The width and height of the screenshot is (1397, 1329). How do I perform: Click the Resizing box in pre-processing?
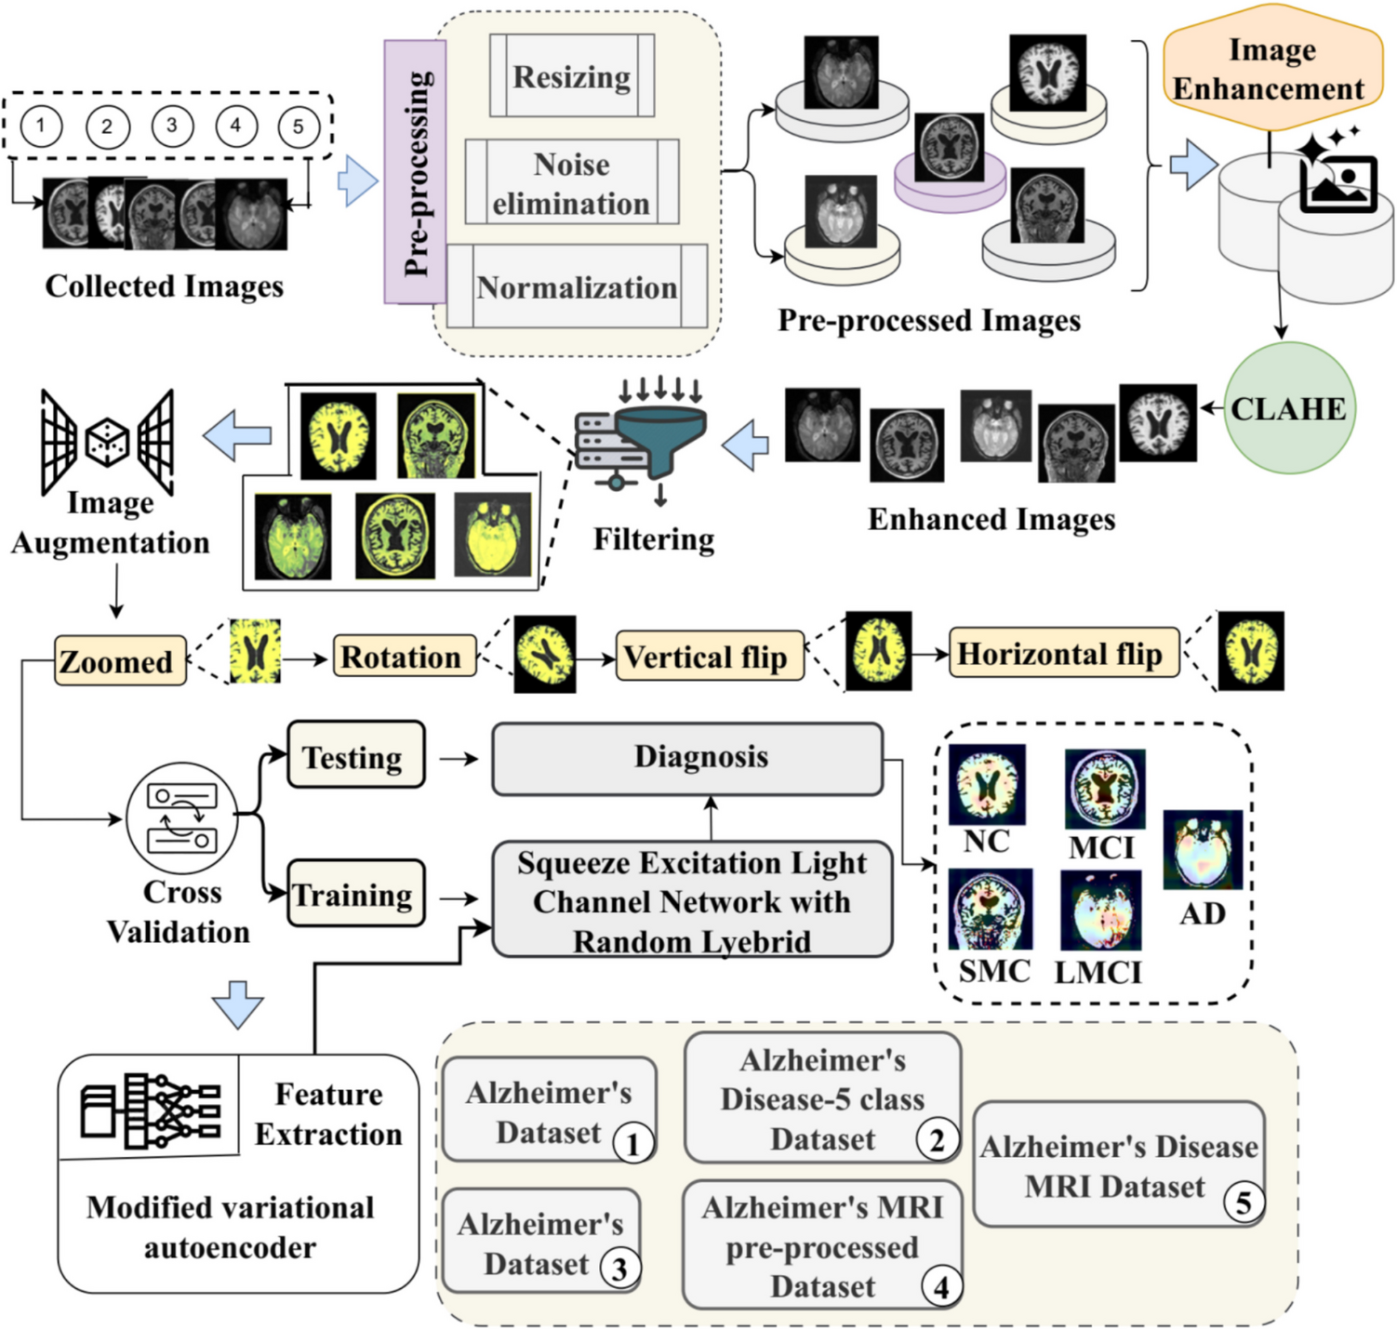pos(571,76)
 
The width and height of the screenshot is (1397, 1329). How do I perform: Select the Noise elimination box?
pos(571,183)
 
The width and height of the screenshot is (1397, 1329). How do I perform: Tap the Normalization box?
pos(577,287)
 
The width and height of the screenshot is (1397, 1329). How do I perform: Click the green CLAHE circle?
pos(1288,408)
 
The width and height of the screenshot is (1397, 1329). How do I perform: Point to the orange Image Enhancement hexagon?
pos(1271,70)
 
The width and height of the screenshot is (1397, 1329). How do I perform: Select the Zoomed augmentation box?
pos(119,661)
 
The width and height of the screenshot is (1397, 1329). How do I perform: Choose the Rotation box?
pos(404,657)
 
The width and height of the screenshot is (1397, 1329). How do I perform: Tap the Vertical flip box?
pos(709,657)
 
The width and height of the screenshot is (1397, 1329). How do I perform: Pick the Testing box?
pos(355,756)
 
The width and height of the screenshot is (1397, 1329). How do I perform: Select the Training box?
pos(355,894)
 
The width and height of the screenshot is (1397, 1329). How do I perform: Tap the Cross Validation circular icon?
pos(182,819)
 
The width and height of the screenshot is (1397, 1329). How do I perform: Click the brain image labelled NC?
pos(987,784)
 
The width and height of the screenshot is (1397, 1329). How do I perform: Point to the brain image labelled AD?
pos(1203,850)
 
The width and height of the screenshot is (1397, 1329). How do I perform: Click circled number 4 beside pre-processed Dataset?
pos(941,1287)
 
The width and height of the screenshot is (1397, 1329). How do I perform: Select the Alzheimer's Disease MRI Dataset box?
pos(1118,1165)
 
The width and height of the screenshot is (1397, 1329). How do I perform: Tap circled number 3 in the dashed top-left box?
pos(171,126)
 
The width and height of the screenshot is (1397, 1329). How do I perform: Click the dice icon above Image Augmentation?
pos(108,442)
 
